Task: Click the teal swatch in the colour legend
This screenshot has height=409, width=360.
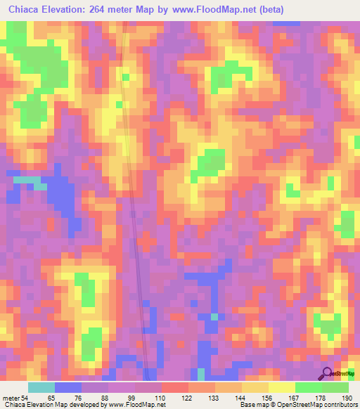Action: [41, 387]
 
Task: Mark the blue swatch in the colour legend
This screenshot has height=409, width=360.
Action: [68, 387]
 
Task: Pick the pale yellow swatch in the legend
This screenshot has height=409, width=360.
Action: [282, 387]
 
